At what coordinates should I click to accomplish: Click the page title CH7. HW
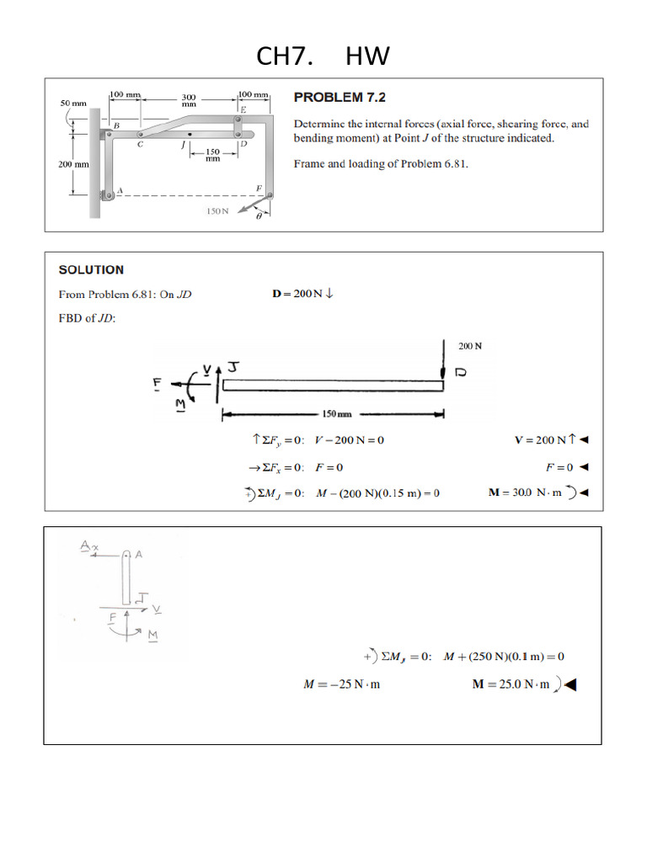323,56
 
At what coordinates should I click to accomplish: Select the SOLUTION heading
91,270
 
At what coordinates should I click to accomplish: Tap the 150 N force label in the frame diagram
217,210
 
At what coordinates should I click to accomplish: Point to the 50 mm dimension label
73,103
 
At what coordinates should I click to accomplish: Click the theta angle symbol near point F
260,216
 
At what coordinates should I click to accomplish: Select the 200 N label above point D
470,346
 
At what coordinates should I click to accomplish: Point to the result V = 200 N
544,439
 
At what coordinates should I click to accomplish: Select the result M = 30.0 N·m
531,492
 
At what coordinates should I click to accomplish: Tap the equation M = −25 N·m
341,684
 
